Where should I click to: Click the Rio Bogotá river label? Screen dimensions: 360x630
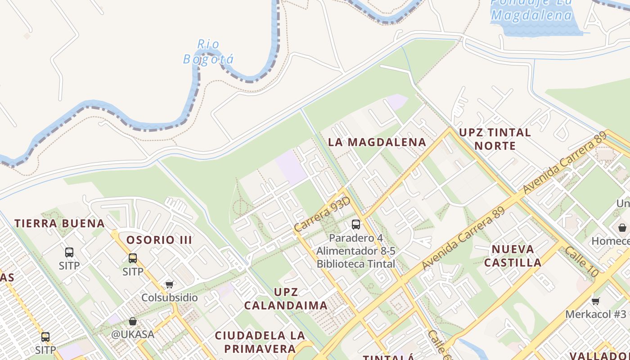coord(208,52)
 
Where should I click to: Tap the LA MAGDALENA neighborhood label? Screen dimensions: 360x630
coord(377,142)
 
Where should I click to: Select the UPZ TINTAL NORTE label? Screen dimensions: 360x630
coord(495,139)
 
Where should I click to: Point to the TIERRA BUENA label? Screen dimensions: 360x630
coord(59,223)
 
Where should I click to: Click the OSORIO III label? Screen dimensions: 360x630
coord(159,240)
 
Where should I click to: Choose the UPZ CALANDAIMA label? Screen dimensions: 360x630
coord(286,298)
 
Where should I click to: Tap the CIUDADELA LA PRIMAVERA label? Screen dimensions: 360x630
coord(260,342)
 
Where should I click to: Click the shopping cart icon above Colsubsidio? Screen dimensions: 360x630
coord(170,284)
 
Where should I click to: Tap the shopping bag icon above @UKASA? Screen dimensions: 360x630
coord(133,321)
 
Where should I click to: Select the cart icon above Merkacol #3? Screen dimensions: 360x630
coord(596,301)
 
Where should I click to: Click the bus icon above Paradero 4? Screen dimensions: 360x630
coord(356,224)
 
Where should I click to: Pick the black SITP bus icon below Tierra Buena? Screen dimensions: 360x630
coord(69,252)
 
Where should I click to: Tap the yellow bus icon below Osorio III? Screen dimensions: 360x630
coord(133,258)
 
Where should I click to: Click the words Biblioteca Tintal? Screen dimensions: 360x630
coord(356,264)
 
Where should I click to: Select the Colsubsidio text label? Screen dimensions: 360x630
coord(170,297)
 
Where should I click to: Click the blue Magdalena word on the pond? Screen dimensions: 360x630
coord(531,15)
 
